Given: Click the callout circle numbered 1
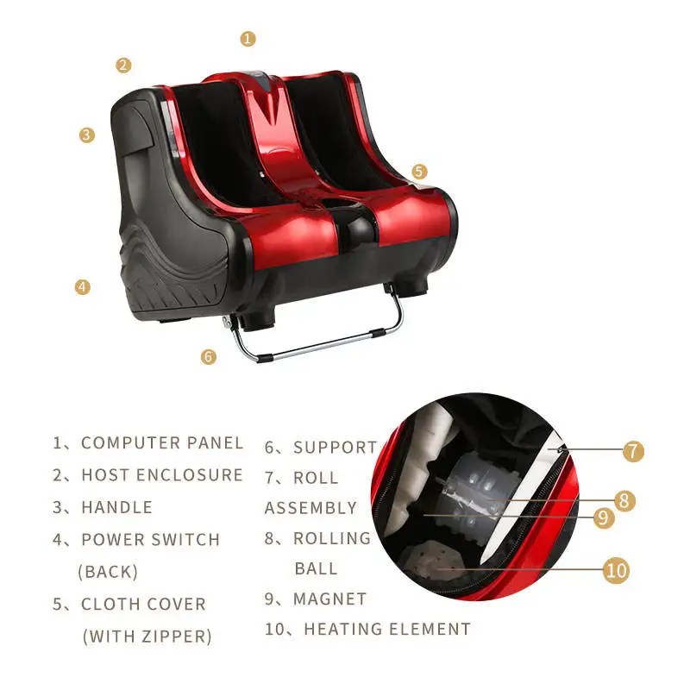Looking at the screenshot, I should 248,38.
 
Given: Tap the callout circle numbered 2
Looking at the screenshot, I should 123,65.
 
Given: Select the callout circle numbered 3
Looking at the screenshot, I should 86,135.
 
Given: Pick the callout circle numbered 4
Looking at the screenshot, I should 82,287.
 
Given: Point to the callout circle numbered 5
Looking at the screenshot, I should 419,172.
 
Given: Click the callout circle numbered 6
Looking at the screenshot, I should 209,355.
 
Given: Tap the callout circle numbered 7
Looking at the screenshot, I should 634,450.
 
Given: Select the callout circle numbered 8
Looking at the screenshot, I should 626,500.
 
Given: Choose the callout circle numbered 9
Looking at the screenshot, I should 603,517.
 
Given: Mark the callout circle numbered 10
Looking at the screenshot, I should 616,570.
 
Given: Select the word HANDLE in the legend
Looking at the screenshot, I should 116,507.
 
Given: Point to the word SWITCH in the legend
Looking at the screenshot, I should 177,540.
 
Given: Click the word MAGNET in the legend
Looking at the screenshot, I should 330,599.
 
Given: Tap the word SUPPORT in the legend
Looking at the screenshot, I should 336,448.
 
